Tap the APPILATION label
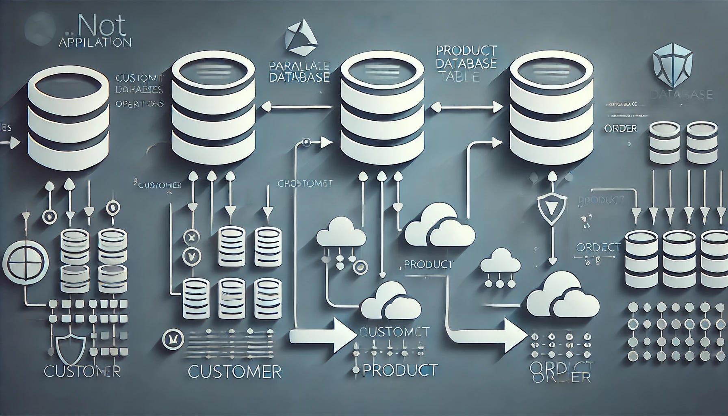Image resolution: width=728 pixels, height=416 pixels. pos(95,42)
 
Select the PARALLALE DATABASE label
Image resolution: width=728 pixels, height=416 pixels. pos(299,71)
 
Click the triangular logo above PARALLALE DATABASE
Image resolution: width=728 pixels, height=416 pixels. pos(301,38)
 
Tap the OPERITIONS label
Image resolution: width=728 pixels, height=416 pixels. pos(139,104)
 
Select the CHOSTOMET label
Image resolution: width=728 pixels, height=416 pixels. pos(305,184)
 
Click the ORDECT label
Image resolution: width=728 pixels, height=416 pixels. pos(598,247)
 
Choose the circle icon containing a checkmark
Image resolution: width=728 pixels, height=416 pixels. pos(190,256)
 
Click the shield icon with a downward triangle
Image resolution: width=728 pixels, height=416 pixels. pos(546,205)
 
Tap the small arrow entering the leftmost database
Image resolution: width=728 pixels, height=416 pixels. pos(12,143)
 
